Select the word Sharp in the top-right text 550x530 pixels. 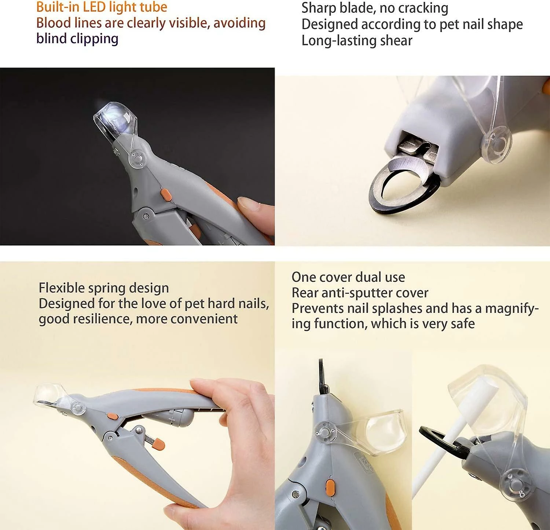pyautogui.click(x=318, y=8)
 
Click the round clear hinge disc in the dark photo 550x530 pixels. pyautogui.click(x=138, y=159)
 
